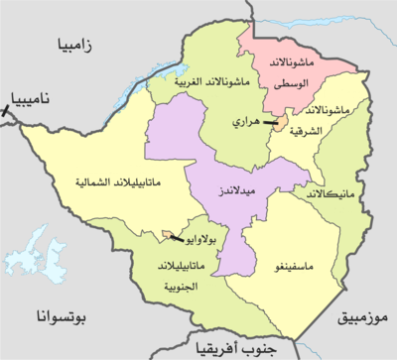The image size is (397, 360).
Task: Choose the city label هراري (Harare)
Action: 246,121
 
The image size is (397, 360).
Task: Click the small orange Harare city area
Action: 281,121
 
